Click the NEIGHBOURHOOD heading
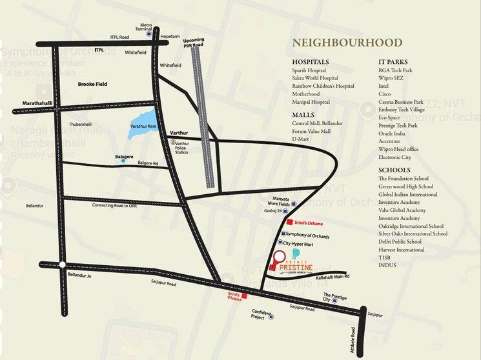347,43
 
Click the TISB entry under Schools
385,257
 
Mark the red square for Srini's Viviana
244,297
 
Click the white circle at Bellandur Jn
61,265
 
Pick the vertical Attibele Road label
353,339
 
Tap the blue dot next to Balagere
123,161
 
